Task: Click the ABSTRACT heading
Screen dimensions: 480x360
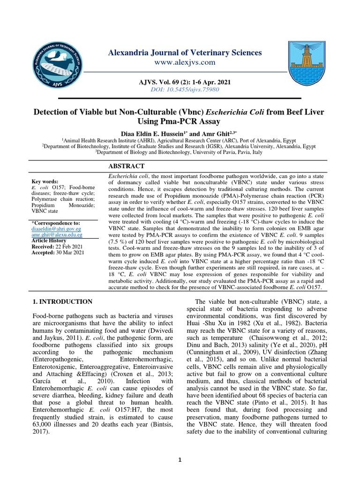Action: coord(127,166)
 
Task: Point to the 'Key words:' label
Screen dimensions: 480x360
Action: coord(45,181)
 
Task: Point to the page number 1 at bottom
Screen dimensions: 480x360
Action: coord(180,460)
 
